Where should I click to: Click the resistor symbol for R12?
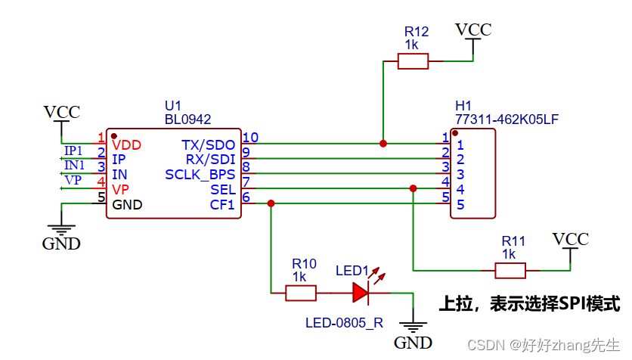414,61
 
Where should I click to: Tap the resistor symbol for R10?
301,292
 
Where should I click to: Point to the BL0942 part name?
187,119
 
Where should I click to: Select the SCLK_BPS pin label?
200,175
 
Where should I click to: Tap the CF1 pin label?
222,205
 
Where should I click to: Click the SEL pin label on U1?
223,190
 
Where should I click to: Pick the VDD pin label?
126,144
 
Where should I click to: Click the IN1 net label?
74,165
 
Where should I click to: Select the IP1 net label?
73,150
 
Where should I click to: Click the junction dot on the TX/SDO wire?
383,143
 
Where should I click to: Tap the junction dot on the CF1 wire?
271,203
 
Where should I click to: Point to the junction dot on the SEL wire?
413,188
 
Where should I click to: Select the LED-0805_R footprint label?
344,322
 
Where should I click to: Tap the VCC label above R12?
473,30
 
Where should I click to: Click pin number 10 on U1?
250,137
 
